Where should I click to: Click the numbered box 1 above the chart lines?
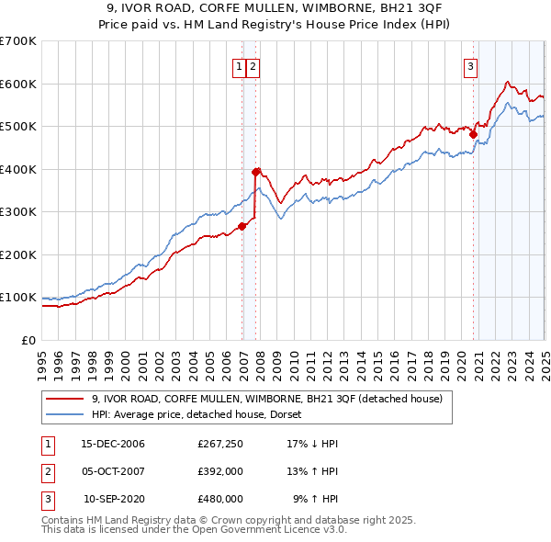click(x=238, y=66)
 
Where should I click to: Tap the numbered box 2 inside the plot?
click(x=252, y=66)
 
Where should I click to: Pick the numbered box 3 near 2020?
click(x=469, y=66)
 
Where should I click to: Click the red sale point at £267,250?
click(x=242, y=226)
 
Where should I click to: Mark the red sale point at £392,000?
click(x=256, y=172)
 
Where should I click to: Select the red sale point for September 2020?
click(x=474, y=134)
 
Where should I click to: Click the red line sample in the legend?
click(x=64, y=399)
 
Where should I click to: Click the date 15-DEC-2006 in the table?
click(x=113, y=444)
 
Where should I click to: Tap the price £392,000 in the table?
click(x=220, y=471)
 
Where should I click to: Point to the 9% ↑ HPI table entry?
click(x=315, y=499)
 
